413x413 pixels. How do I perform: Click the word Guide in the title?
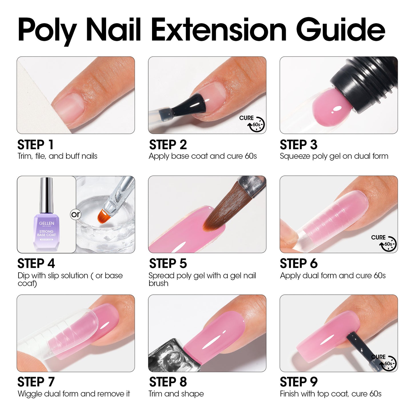click(340, 30)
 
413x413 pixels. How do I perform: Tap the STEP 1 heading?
click(35, 145)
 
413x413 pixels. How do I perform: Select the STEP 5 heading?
click(168, 264)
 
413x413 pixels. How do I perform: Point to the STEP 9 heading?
click(298, 382)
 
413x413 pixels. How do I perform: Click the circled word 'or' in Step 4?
click(75, 214)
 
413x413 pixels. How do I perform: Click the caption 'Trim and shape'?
click(176, 394)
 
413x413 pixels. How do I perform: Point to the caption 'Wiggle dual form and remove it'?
click(74, 394)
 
